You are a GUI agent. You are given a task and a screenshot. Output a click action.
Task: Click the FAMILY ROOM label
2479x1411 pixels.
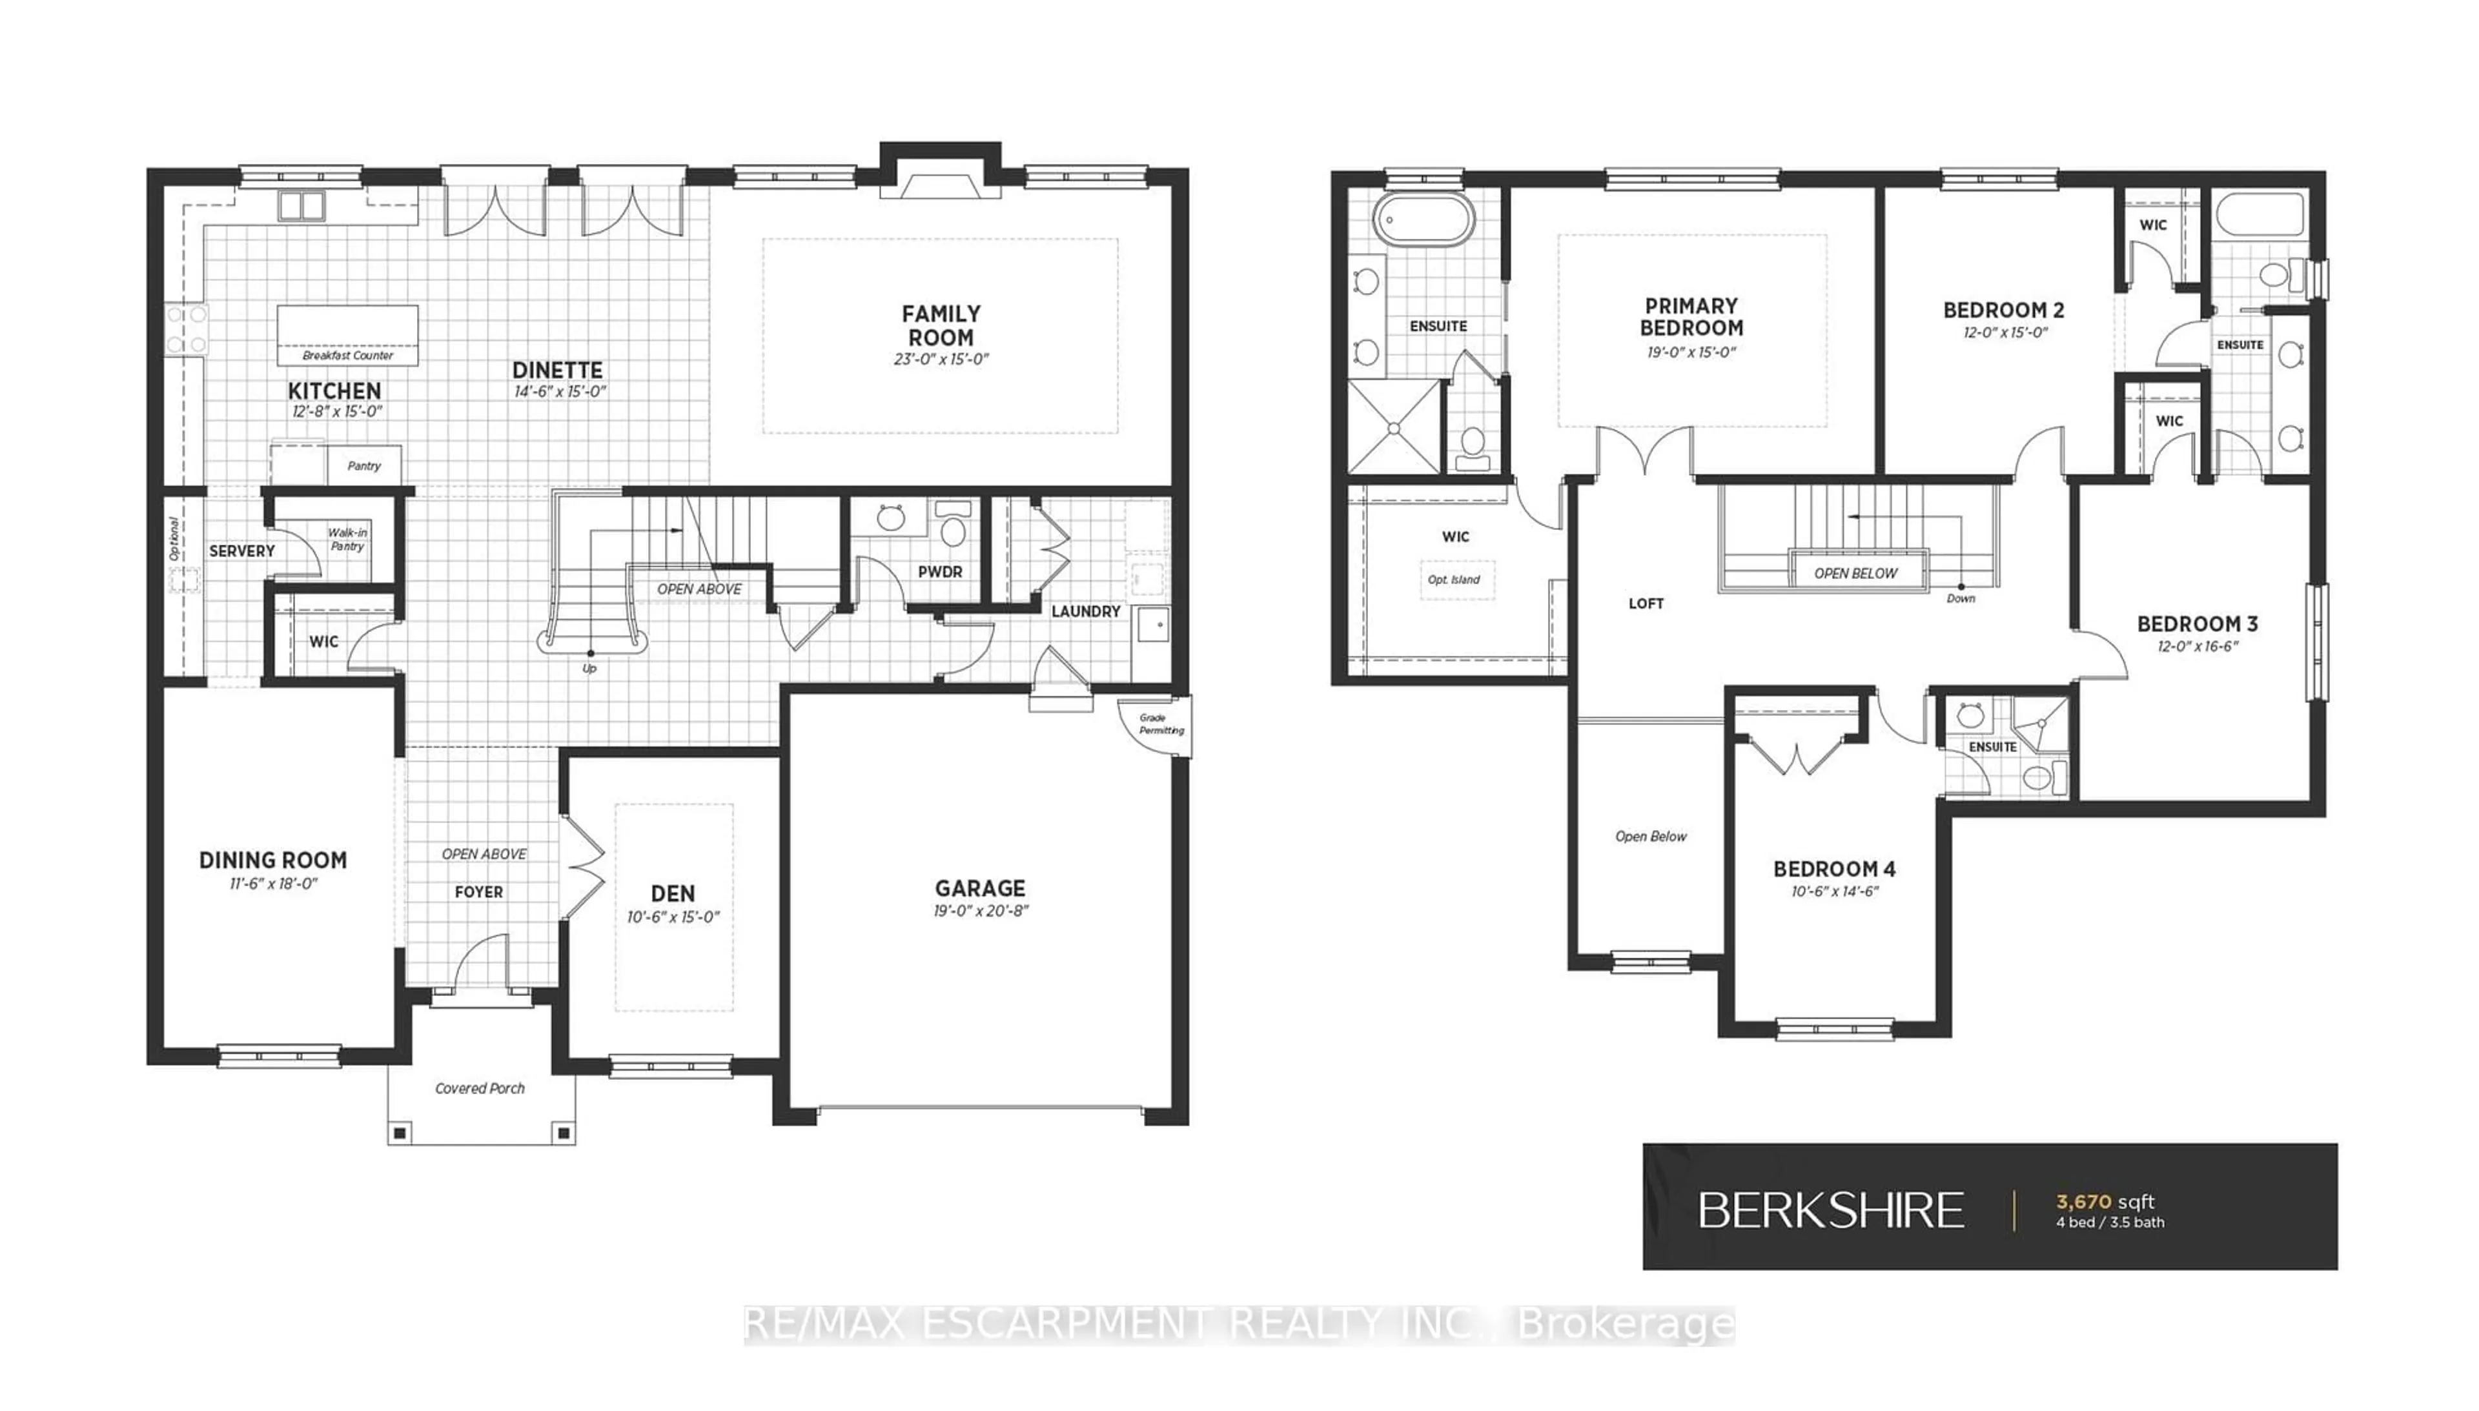coord(940,325)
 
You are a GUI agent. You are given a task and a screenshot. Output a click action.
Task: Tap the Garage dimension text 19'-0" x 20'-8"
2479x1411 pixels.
coord(980,911)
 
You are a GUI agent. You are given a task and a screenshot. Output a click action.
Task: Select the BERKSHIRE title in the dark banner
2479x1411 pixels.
coord(1831,1210)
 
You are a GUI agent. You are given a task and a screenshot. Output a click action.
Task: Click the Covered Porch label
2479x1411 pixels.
coord(480,1088)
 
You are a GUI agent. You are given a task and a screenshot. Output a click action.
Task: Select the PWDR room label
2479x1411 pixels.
coord(940,572)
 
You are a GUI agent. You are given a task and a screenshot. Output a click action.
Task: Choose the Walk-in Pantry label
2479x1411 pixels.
coord(347,540)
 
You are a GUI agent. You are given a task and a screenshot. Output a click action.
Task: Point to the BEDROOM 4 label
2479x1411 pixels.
coord(1833,869)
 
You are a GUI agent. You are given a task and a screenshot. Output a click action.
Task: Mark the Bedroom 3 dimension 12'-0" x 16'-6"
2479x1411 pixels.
coord(2197,646)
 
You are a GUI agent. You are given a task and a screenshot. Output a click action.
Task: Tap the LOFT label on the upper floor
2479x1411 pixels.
coord(1646,604)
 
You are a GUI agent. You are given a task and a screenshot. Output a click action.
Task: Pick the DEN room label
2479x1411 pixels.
coord(673,893)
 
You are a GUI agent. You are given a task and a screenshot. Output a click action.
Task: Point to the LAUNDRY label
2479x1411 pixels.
coord(1085,611)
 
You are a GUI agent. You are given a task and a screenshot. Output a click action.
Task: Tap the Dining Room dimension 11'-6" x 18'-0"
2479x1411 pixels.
coord(273,884)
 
